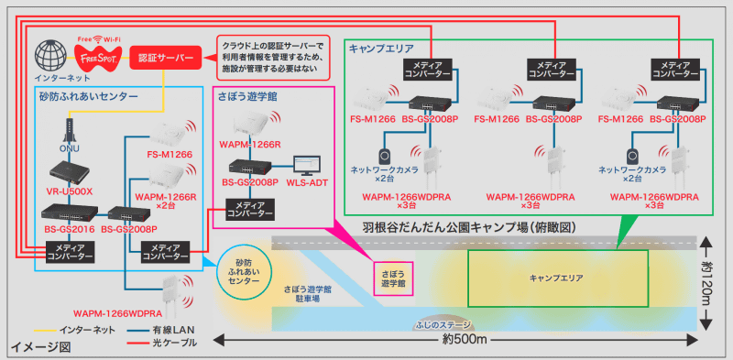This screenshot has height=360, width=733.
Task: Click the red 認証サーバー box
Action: (162, 58)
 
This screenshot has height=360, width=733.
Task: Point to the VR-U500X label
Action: (68, 193)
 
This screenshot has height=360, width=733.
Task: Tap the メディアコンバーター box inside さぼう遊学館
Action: (249, 209)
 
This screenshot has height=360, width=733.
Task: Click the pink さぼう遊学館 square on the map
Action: (391, 278)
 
